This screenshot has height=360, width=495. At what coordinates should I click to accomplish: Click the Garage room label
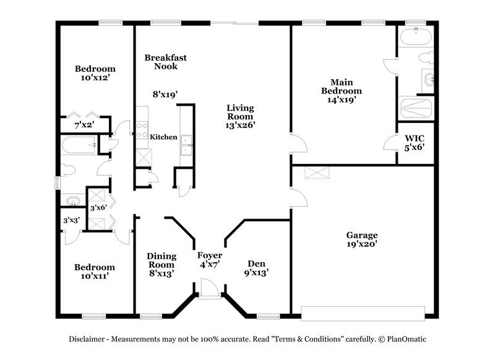coord(362,236)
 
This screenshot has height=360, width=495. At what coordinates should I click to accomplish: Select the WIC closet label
coord(414,138)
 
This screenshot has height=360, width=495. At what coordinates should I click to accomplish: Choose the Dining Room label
coord(161,256)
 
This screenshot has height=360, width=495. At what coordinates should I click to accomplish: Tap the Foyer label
coord(210,255)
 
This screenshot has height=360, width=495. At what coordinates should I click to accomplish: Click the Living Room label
coord(239,108)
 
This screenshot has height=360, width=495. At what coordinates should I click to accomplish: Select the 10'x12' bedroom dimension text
coord(95,78)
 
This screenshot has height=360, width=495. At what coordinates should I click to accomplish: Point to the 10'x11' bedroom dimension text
coord(95,277)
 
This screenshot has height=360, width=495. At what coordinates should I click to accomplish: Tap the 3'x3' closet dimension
coord(71,220)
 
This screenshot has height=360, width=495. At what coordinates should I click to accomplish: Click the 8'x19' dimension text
coord(165,95)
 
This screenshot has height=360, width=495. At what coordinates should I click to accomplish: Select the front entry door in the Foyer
coord(210,289)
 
